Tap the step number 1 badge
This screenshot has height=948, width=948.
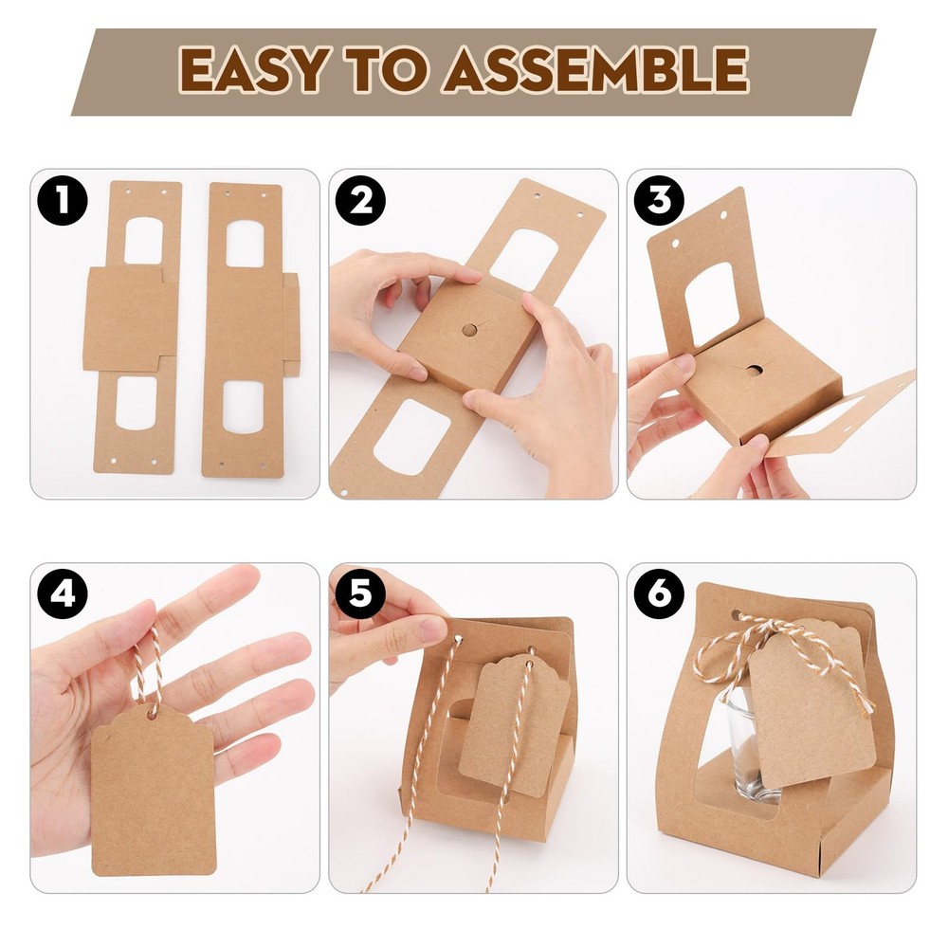click(x=63, y=200)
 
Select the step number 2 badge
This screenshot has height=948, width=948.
click(x=360, y=200)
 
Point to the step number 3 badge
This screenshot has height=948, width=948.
click(x=659, y=200)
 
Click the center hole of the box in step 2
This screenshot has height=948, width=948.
click(x=469, y=330)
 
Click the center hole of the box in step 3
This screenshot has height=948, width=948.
click(x=754, y=370)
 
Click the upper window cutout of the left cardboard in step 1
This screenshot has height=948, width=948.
click(x=144, y=241)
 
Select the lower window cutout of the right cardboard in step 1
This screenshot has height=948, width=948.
click(x=244, y=407)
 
